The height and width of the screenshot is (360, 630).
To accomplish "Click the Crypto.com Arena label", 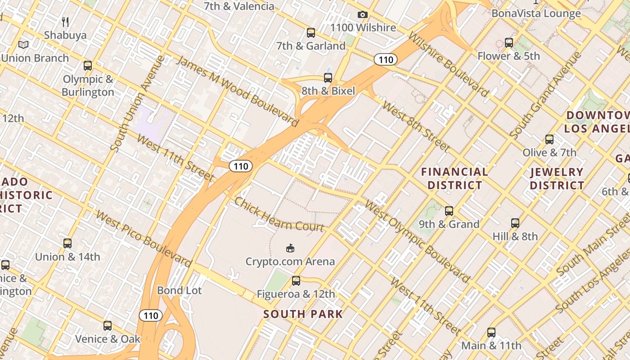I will [x=290, y=261].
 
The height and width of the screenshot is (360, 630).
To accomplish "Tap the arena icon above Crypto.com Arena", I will [x=290, y=248].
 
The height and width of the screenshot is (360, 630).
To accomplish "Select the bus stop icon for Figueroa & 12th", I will [x=296, y=281].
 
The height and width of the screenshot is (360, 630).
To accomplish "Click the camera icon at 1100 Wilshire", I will [x=362, y=15].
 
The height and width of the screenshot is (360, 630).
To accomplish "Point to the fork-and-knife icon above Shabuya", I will [x=65, y=22].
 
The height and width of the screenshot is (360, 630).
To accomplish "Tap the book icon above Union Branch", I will [x=23, y=45].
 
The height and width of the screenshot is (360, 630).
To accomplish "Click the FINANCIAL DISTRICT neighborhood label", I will [x=454, y=178].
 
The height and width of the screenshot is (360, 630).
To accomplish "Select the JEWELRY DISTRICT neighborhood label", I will [x=557, y=178].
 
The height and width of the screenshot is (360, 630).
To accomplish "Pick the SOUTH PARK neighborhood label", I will [x=303, y=314].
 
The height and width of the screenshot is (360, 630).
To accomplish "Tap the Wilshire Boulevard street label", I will [x=448, y=64].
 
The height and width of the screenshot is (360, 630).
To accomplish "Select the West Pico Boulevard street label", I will [x=144, y=238].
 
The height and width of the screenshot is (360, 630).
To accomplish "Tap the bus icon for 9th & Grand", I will [x=449, y=211].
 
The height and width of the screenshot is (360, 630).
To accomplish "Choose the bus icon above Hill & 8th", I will [x=515, y=223].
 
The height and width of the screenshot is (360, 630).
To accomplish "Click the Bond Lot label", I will [x=179, y=290].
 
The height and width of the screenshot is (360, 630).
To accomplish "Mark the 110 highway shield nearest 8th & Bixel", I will [x=386, y=59].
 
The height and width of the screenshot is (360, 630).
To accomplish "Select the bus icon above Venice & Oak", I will [x=108, y=325].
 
